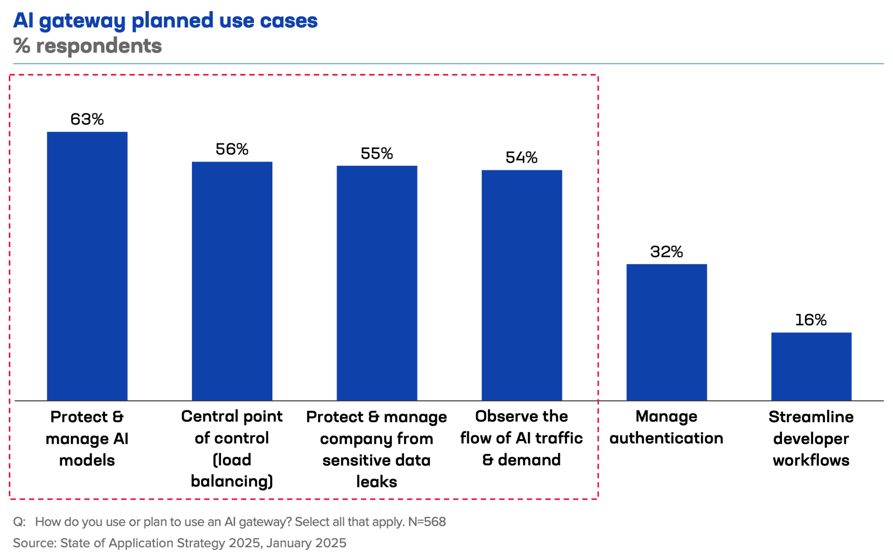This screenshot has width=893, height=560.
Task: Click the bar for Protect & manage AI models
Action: coord(87,266)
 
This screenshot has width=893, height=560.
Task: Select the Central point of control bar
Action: coord(232,280)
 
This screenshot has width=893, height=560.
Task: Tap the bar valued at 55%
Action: coord(377,282)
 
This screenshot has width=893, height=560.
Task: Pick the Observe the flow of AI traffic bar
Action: coord(522,284)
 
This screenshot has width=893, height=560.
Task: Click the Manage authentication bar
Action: coord(666,332)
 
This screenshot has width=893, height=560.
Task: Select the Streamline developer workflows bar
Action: coord(811,366)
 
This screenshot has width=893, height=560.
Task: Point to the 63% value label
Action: coord(87,119)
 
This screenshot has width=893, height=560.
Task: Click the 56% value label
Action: coord(232,149)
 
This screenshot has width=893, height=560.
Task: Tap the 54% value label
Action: coord(522,157)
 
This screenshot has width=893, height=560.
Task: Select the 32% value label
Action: coord(666,252)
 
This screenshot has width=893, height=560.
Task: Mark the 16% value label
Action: coord(811,320)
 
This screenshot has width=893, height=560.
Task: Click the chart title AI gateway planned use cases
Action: coord(165,21)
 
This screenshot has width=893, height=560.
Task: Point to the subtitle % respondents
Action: coord(88,46)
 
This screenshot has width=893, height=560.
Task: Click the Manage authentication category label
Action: coord(666,427)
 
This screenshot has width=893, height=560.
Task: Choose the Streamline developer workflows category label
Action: coord(811,438)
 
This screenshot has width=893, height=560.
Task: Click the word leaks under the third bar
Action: coord(377,481)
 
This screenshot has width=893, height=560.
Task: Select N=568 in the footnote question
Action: coord(427,521)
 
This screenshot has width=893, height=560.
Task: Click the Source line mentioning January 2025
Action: coord(179,543)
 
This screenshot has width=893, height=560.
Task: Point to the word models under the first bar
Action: coord(87,460)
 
